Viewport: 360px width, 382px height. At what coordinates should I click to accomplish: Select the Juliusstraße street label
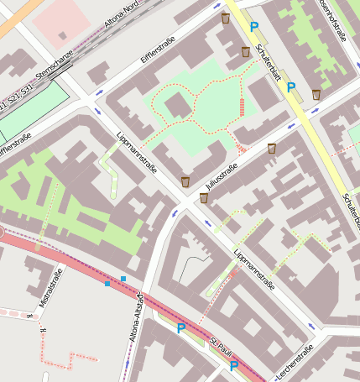pos(222,177)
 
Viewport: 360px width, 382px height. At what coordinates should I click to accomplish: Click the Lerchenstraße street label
pos(294,360)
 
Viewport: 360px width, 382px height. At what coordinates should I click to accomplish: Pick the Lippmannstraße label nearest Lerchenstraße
pos(253,271)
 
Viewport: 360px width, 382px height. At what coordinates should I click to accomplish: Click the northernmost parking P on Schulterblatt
pos(254,28)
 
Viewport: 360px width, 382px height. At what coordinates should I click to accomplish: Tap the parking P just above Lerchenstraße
pos(234,366)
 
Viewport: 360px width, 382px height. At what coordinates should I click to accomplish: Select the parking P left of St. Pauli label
pos(180,329)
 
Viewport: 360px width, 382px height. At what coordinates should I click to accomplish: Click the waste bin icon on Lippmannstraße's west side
pos(185,181)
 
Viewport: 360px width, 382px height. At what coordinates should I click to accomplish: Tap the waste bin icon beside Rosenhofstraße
pos(316,95)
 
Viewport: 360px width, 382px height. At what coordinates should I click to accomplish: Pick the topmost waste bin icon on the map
pos(225,18)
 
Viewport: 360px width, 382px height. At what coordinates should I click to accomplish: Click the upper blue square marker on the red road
pos(123,278)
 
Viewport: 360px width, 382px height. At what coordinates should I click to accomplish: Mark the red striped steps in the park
pos(243,108)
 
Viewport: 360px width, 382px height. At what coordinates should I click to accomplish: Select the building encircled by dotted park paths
pos(177,106)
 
